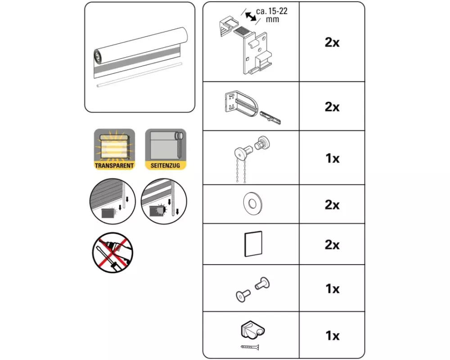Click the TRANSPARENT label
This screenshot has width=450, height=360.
coord(114,166)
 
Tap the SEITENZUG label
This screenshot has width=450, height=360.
coord(166,166)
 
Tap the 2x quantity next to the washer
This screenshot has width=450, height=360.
coord(332,205)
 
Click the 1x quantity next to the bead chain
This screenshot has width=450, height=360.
coord(332,158)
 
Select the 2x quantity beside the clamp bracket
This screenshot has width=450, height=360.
coord(332,43)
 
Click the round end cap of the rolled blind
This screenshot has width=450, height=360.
coord(98,57)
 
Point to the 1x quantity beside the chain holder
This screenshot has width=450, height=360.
coord(332,336)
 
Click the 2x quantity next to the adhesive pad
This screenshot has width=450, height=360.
coord(332,245)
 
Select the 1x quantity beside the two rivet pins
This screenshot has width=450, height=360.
coord(332,289)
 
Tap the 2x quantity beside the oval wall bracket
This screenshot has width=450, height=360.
coord(332,107)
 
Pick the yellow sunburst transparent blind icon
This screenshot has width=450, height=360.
coord(114,146)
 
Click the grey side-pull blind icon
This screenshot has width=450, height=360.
coord(166,146)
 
